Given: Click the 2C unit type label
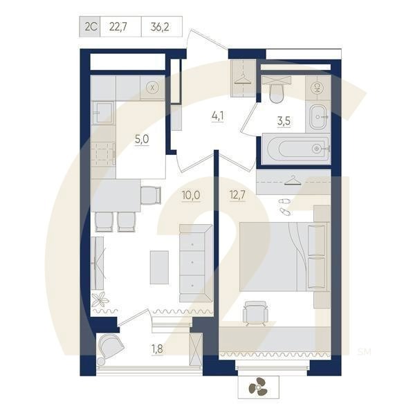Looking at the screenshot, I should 90,27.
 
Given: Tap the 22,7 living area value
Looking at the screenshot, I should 120,27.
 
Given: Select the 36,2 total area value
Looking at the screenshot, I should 161,27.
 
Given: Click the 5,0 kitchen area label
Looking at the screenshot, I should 142,139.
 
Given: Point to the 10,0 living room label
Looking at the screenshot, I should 190,195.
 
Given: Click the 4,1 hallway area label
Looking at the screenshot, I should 217,116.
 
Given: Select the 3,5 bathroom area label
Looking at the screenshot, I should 284,122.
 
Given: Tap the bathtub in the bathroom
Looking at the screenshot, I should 294,147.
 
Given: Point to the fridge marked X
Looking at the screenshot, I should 153,87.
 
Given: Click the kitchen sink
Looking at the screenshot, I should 104,112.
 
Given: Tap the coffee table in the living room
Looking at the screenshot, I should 159,266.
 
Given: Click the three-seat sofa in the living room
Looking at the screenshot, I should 194,263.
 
